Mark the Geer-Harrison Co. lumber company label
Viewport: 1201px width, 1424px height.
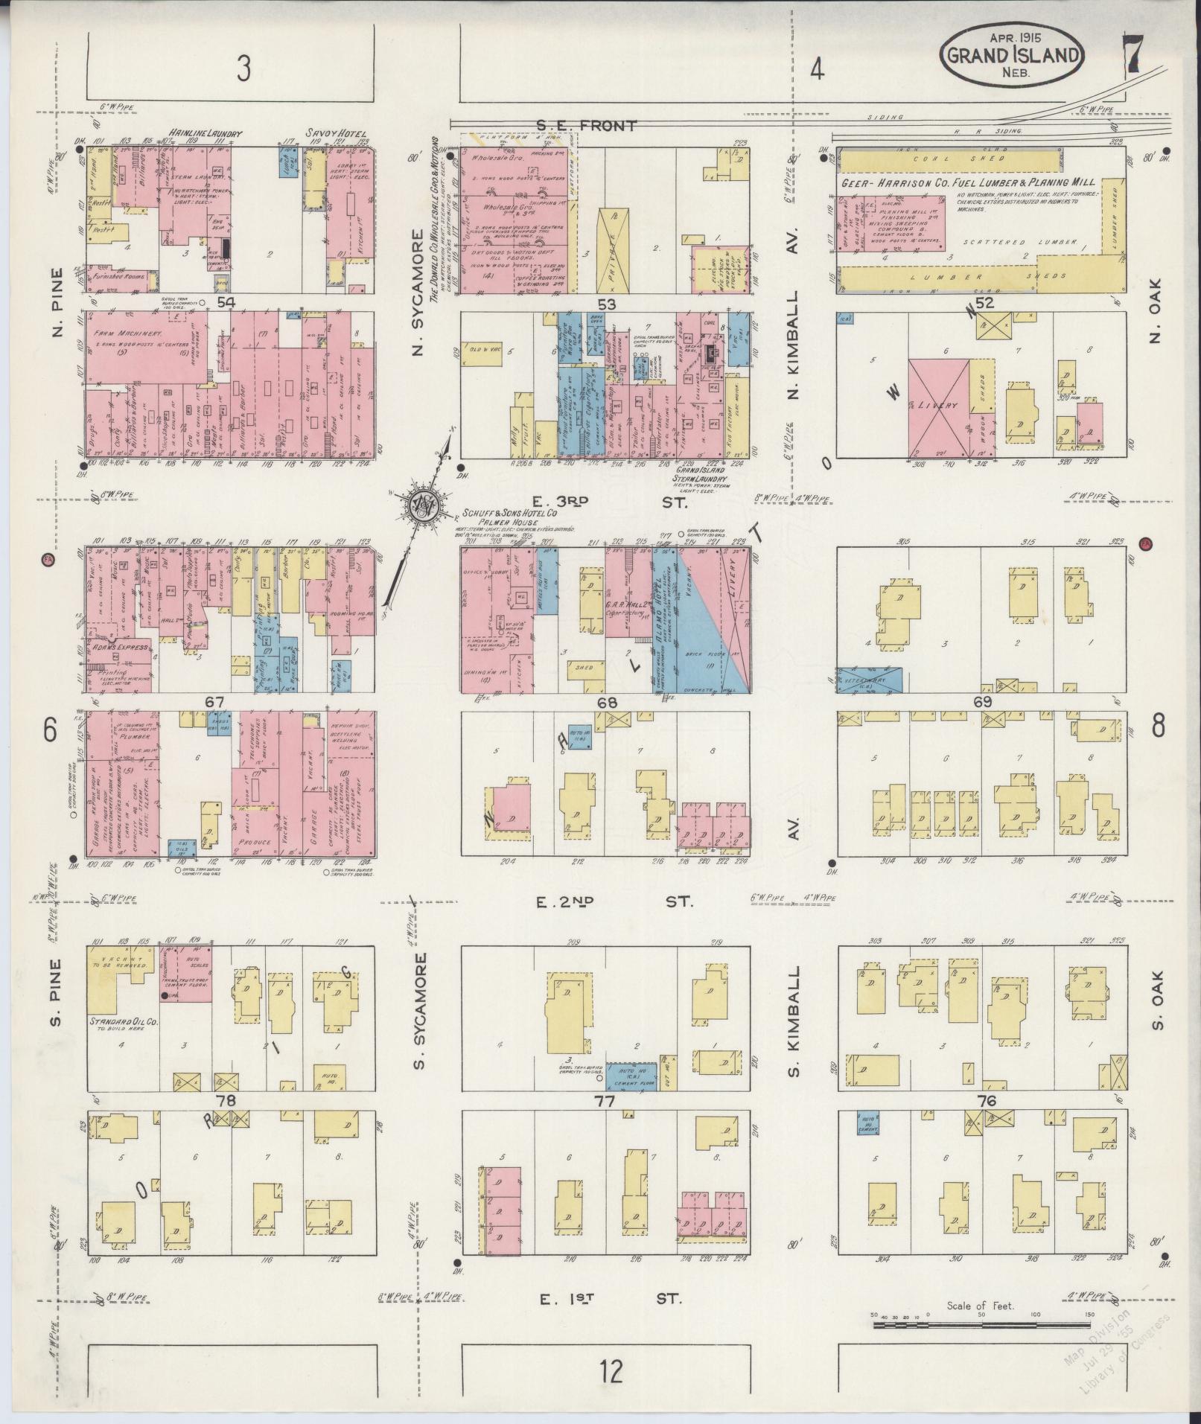click(x=968, y=182)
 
